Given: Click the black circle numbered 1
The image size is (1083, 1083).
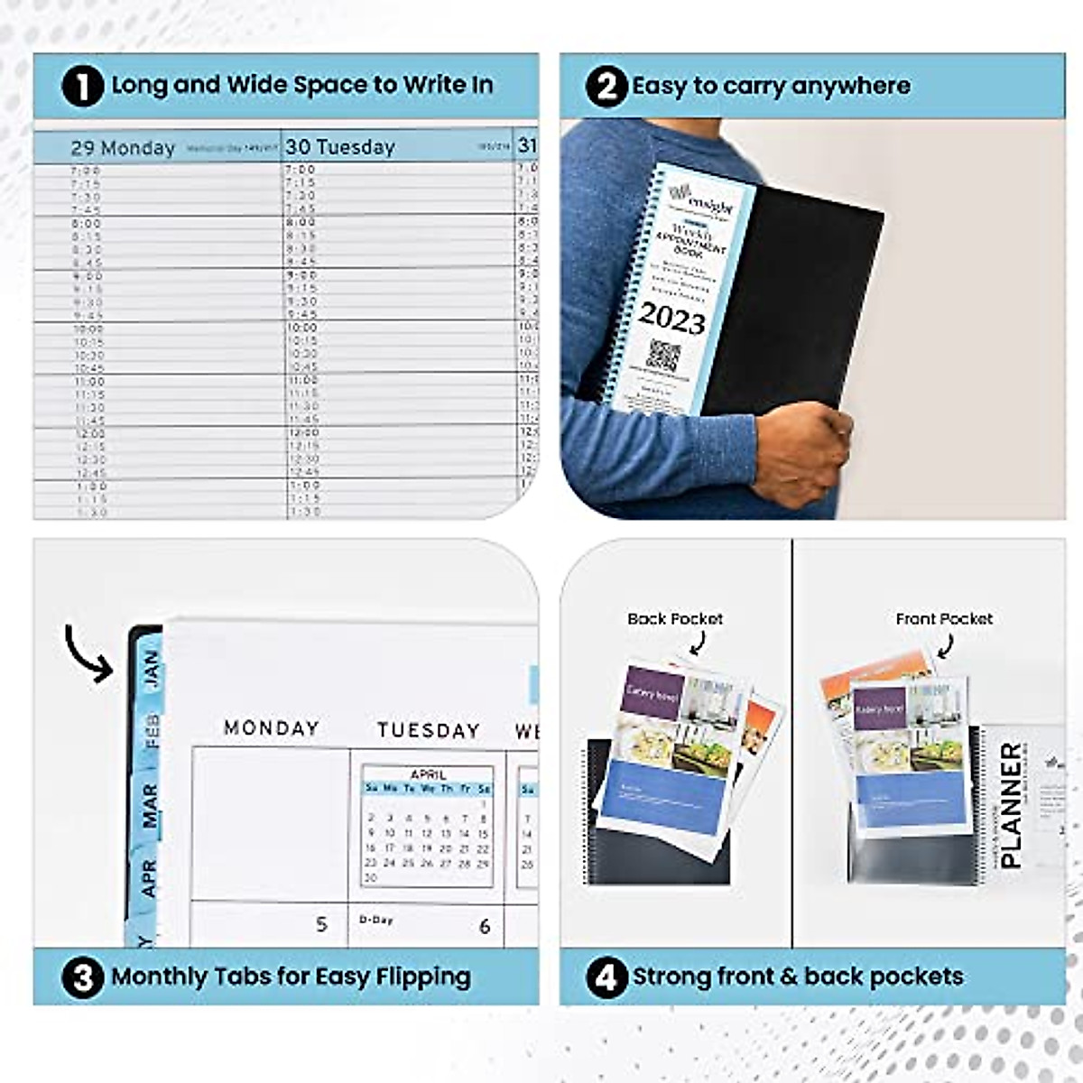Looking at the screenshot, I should pos(83,87).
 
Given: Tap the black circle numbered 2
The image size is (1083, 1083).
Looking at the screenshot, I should pos(606,87).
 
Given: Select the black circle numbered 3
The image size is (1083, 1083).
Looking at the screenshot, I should pos(83,977).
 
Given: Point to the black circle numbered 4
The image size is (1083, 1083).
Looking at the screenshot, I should pos(606,977).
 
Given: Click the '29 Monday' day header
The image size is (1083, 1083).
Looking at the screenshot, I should pos(123,148).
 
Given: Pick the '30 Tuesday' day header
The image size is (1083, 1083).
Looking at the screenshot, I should pos(340,147).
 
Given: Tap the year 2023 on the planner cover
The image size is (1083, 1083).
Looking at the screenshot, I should pos(671,319).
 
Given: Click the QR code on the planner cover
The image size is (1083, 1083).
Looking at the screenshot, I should pos(663,356).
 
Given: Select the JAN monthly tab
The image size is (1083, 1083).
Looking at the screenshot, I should pos(150,669).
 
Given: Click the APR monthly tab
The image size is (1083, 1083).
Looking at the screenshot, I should pos(149,877).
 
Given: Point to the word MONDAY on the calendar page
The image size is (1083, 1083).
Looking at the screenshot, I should pos(272,728).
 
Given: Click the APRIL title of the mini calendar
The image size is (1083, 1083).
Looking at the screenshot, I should pos(428,774).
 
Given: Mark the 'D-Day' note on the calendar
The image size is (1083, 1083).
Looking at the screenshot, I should pos(376,920).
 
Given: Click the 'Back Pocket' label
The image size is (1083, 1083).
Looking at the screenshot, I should pos(675,619).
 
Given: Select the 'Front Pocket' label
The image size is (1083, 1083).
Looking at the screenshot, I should pos(944,619).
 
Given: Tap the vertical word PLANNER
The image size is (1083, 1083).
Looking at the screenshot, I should pos(1012,805).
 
